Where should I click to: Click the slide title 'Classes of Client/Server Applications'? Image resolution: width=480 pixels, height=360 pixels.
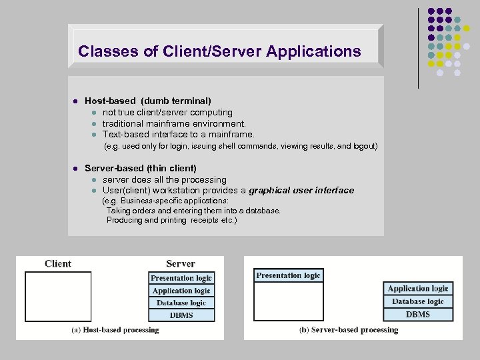(219, 51)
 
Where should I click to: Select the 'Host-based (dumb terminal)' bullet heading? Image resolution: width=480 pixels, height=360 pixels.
(148, 101)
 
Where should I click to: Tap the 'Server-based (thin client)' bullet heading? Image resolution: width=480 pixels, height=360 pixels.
(141, 169)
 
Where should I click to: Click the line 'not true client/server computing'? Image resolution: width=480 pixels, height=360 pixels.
(167, 112)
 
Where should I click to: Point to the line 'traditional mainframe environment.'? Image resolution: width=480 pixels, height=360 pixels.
(174, 123)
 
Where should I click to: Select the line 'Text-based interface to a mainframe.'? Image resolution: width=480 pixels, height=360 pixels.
(178, 134)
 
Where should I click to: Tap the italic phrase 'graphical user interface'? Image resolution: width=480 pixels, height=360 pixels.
(301, 191)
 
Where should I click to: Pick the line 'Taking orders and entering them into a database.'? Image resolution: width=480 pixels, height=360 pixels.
(193, 210)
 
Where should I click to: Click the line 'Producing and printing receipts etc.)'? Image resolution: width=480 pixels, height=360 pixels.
(171, 220)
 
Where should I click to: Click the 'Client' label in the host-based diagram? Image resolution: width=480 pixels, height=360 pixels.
(58, 264)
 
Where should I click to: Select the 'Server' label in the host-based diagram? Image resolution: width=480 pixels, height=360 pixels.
(181, 264)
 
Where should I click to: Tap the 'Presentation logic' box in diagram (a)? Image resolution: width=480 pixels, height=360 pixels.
(181, 278)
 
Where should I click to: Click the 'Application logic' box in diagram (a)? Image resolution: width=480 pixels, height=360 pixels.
(181, 291)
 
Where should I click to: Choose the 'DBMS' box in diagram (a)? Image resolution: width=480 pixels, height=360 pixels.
(181, 315)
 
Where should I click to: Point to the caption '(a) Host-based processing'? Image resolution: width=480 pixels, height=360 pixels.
(115, 329)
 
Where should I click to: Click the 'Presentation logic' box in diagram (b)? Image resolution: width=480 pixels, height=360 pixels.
(288, 275)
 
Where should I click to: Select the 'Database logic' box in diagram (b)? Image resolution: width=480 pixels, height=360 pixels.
(418, 301)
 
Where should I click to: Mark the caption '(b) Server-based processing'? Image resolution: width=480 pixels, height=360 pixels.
(349, 329)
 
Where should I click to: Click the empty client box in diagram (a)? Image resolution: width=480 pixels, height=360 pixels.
(58, 296)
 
